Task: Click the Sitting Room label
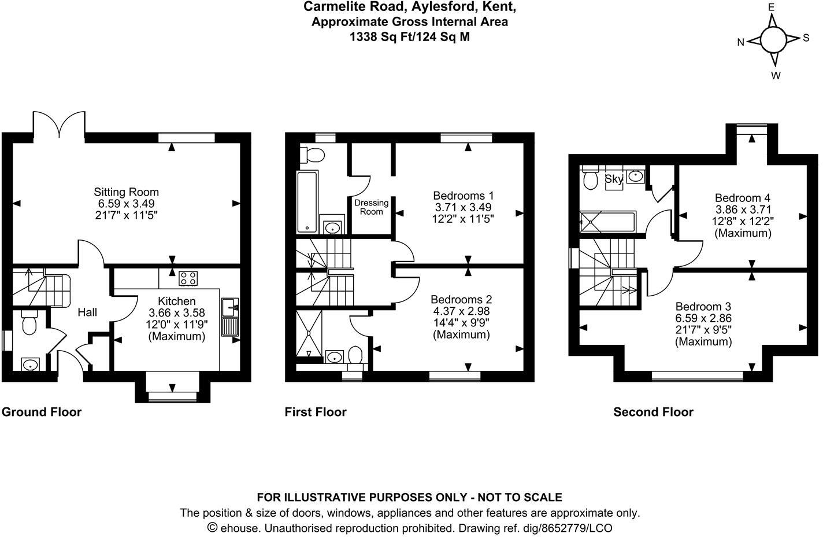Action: click(126, 192)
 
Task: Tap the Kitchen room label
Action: click(176, 301)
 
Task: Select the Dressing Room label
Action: click(371, 207)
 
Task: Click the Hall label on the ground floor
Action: click(87, 312)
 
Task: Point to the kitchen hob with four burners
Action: click(188, 278)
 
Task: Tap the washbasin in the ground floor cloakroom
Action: click(29, 365)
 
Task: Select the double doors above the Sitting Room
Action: click(60, 123)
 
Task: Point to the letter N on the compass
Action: click(740, 42)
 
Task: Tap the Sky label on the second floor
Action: click(613, 179)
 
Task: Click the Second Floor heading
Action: click(653, 412)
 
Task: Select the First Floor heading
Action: click(316, 412)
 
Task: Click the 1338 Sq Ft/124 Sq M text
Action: click(410, 37)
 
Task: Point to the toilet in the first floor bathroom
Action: click(314, 154)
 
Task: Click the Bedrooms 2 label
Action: click(461, 299)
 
